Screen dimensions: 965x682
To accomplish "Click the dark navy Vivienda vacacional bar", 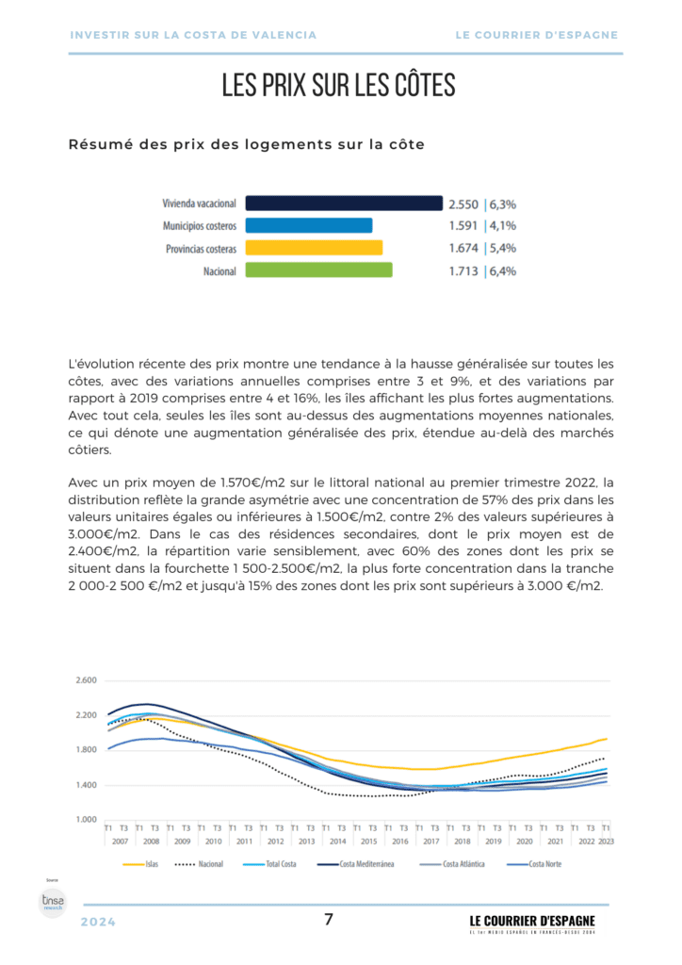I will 343,203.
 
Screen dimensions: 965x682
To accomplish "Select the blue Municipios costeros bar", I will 308,225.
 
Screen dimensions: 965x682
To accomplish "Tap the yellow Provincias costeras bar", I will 313,248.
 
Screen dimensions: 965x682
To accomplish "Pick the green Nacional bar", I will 317,270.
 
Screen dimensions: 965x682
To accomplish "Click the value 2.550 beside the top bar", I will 463,203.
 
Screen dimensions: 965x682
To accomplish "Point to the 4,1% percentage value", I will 502,225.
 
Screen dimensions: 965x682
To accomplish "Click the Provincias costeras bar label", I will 201,249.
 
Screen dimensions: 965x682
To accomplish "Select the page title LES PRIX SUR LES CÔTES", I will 339,86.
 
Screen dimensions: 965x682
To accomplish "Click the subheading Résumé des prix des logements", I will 246,144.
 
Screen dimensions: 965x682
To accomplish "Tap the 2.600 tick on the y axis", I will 86,680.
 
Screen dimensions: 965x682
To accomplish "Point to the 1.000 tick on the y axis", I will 86,820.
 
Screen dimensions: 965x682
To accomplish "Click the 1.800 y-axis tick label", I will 86,750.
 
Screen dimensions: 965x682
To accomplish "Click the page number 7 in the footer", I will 329,920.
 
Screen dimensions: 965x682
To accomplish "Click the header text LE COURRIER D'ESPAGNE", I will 537,35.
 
